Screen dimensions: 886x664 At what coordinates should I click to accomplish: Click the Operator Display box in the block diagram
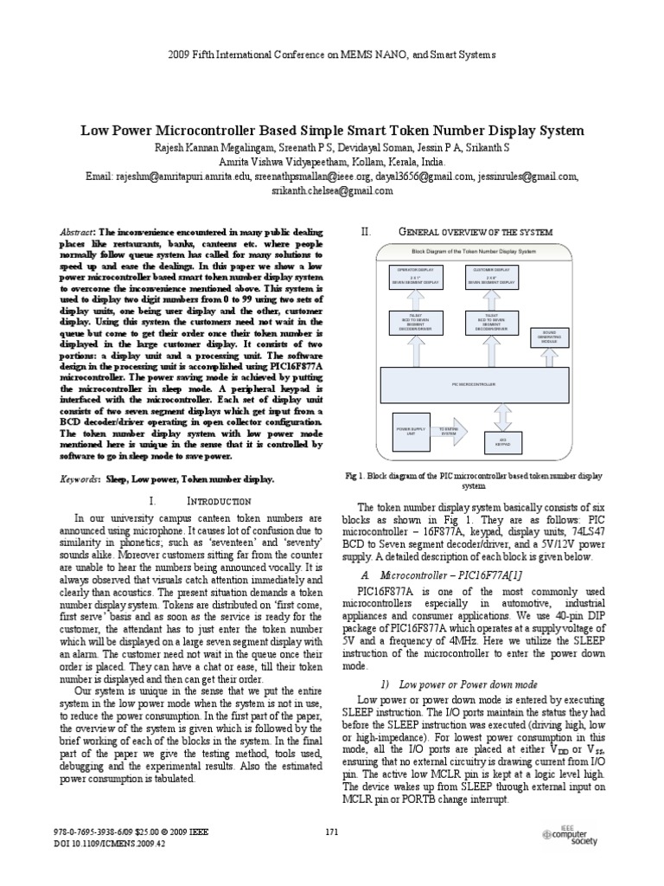coord(418,279)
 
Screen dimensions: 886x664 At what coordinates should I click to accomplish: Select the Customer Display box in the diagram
coord(490,279)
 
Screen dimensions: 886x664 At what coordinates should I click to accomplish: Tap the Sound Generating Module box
coord(549,337)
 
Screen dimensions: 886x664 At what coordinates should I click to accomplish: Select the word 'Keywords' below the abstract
coord(78,478)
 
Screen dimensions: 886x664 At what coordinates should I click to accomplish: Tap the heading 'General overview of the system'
coord(481,232)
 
